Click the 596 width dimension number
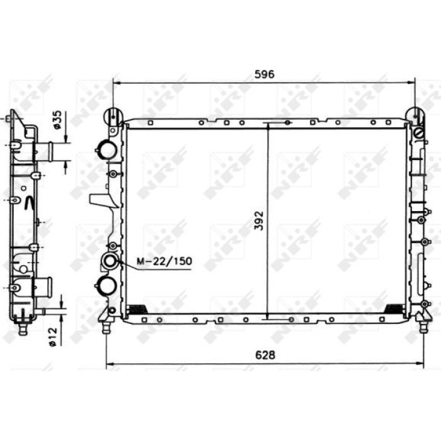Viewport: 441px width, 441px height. pos(264,74)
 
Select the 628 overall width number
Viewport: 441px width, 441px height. pos(265,355)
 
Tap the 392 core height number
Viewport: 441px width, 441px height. pos(259,220)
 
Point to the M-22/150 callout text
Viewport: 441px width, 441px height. pos(164,261)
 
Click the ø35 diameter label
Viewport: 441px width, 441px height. pos(57,120)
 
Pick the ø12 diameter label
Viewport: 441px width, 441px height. pos(53,337)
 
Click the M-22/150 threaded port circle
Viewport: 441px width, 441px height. pos(110,261)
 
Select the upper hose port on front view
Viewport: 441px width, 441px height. pos(106,150)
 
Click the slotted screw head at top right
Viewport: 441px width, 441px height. pos(419,133)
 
